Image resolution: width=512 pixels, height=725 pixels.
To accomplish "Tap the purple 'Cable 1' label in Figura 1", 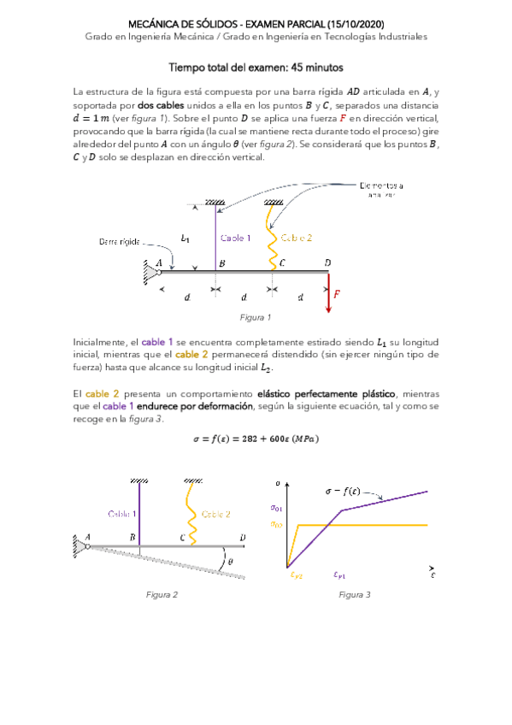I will click(236, 238).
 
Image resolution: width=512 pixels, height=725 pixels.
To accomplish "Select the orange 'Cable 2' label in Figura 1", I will click(297, 238).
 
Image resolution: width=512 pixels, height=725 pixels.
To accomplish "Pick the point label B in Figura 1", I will click(222, 263).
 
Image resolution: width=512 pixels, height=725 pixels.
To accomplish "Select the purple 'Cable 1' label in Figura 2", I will click(122, 514).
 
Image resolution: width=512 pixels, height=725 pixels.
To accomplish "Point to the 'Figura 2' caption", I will click(162, 595).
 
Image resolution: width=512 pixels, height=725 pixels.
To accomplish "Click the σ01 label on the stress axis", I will click(276, 508).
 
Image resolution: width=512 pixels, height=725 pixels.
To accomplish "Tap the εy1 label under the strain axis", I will click(339, 575).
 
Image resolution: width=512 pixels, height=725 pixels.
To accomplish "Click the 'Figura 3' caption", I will click(354, 595).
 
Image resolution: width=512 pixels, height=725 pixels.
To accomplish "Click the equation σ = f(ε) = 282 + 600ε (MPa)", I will click(256, 440).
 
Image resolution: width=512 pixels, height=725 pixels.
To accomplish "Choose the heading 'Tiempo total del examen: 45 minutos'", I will click(256, 66).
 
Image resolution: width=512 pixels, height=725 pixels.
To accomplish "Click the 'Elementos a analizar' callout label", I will click(382, 190).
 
